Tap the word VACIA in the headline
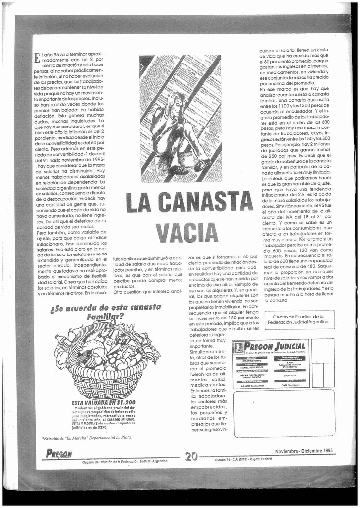coord(186,233)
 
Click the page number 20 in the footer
coord(191,456)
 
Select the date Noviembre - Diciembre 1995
coord(303,451)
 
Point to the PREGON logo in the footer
coord(59,453)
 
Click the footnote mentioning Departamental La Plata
coord(87,438)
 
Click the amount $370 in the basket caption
coord(102,427)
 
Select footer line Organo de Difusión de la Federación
coord(124,461)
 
